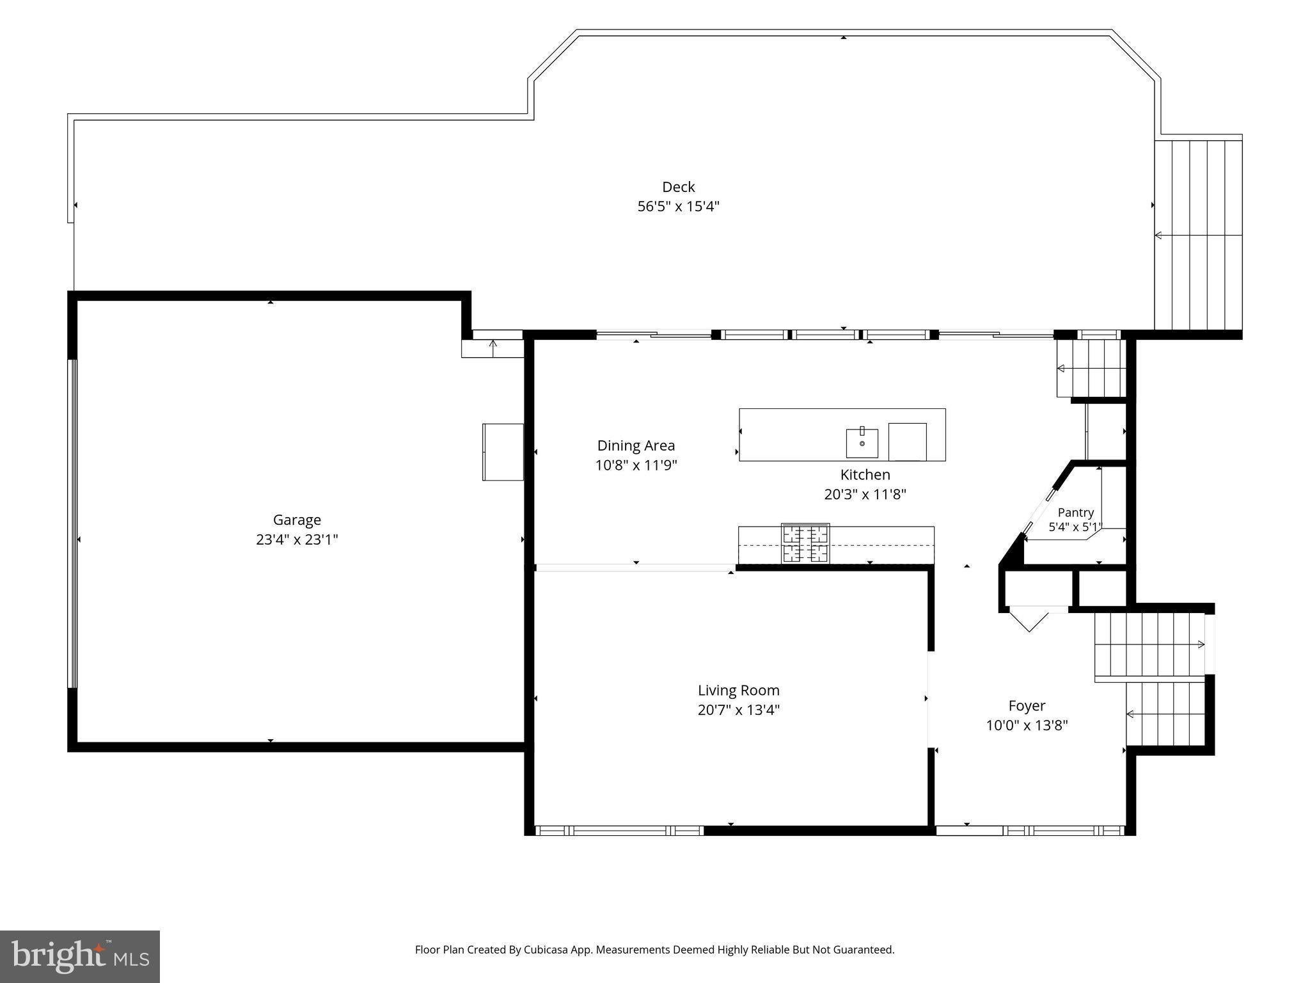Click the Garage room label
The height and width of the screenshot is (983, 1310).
[x=297, y=520]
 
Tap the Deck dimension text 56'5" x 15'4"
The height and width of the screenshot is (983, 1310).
[x=679, y=206]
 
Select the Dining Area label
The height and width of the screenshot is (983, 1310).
[x=636, y=445]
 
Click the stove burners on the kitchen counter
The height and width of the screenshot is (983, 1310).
[x=805, y=543]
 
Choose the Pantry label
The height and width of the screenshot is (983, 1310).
[x=1075, y=513]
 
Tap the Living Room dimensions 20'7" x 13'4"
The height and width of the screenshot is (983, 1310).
[x=739, y=710]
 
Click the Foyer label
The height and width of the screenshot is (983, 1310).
[x=1027, y=706]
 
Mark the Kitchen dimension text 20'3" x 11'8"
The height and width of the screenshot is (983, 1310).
[x=865, y=494]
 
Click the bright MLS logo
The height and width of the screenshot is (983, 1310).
[x=80, y=957]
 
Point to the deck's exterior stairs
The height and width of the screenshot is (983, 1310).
[x=1198, y=235]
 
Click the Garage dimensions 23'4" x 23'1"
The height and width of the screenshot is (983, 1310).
[x=297, y=539]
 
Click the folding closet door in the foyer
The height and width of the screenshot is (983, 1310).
[x=1029, y=619]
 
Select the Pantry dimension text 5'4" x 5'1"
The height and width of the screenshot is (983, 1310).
[x=1076, y=527]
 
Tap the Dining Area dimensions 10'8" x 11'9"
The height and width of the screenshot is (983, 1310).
[x=636, y=465]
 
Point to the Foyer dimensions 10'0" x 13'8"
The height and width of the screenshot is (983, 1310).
[x=1027, y=725]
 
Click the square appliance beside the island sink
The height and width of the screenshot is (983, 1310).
[x=907, y=442]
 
